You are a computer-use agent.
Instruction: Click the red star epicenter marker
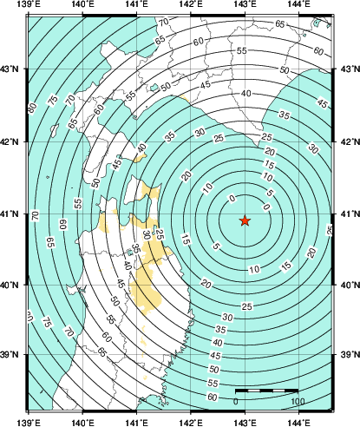245,221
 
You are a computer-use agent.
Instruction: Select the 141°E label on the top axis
136,8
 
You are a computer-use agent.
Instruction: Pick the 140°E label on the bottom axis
82,422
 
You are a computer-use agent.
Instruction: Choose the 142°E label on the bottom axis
190,422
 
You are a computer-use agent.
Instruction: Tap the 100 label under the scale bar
298,402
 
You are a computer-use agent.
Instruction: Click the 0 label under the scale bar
237,402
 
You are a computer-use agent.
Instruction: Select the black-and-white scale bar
267,391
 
